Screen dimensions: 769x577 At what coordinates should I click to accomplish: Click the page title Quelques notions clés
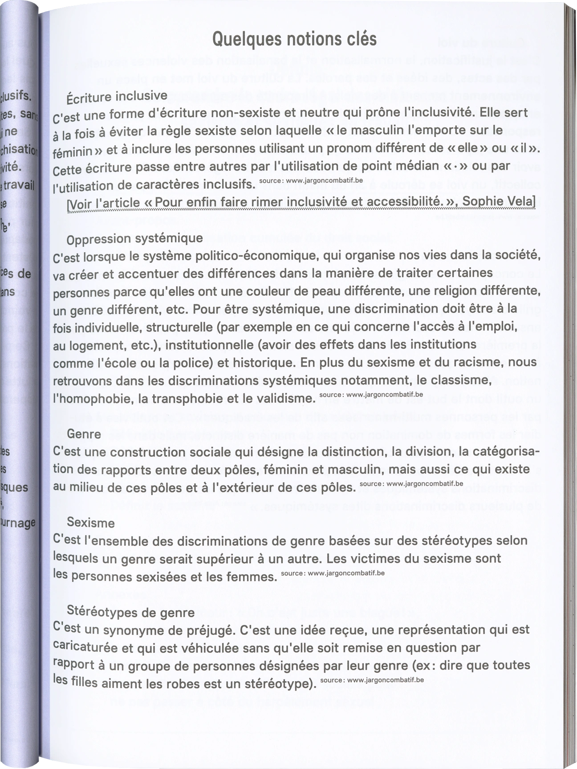[294, 39]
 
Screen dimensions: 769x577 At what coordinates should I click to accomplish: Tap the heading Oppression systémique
[134, 239]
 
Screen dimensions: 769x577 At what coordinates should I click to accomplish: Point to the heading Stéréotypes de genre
[130, 612]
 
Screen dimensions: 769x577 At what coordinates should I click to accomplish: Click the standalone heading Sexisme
[90, 522]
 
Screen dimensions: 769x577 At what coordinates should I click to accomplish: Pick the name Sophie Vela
[498, 201]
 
